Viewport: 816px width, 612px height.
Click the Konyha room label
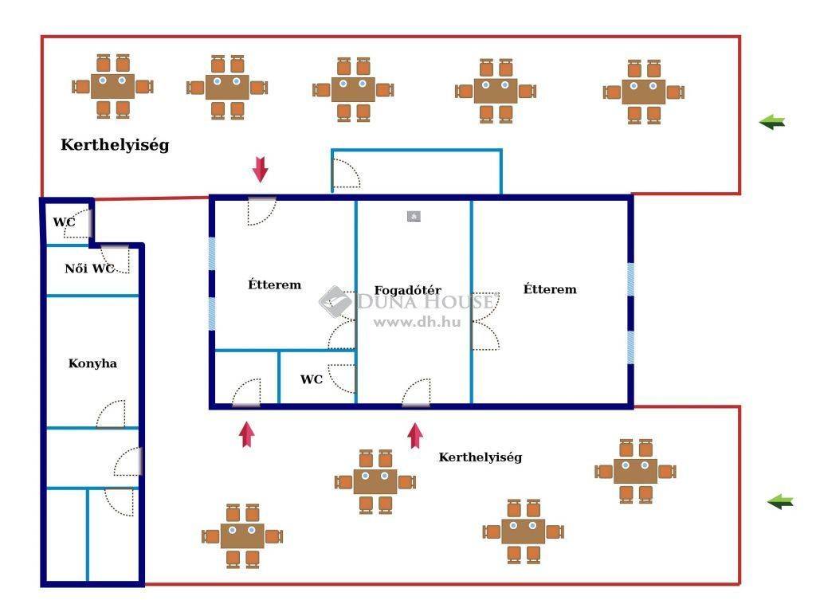92,363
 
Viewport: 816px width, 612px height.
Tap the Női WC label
89,269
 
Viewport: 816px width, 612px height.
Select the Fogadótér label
407,290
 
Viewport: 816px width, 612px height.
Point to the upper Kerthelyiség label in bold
115,145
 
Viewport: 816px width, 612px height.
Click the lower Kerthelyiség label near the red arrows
481,457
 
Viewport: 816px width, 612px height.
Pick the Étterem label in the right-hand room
550,289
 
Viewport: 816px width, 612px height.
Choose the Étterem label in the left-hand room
275,284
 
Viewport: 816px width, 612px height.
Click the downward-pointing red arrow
261,169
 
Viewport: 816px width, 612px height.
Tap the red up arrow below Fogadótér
414,436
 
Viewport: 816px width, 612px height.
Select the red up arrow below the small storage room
247,434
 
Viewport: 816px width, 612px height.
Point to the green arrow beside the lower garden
780,502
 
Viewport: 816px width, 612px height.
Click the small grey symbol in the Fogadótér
414,216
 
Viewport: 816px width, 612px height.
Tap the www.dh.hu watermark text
417,322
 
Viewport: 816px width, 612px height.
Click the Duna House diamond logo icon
335,302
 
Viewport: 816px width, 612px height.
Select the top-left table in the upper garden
112,86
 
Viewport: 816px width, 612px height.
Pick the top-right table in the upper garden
644,92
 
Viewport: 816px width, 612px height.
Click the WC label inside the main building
312,379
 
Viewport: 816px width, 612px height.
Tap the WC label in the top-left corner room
64,222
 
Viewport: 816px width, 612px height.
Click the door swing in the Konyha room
111,414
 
